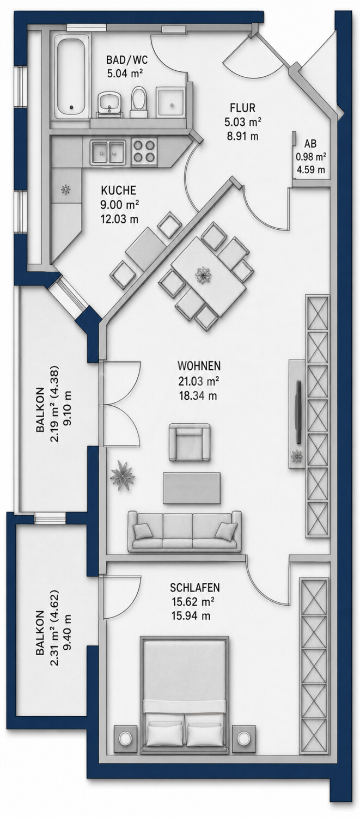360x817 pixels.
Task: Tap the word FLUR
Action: click(x=242, y=108)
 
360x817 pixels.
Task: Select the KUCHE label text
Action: click(x=118, y=191)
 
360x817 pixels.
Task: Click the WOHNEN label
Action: click(x=199, y=366)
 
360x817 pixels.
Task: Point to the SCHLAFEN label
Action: click(x=195, y=588)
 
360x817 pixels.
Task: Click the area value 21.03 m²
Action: click(x=198, y=381)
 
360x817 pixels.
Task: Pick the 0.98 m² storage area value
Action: click(x=311, y=157)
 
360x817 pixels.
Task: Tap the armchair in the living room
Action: click(x=190, y=442)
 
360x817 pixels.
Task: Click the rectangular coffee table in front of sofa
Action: click(x=192, y=488)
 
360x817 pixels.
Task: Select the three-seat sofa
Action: click(x=184, y=531)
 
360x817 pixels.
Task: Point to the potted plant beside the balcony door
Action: click(x=122, y=476)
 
